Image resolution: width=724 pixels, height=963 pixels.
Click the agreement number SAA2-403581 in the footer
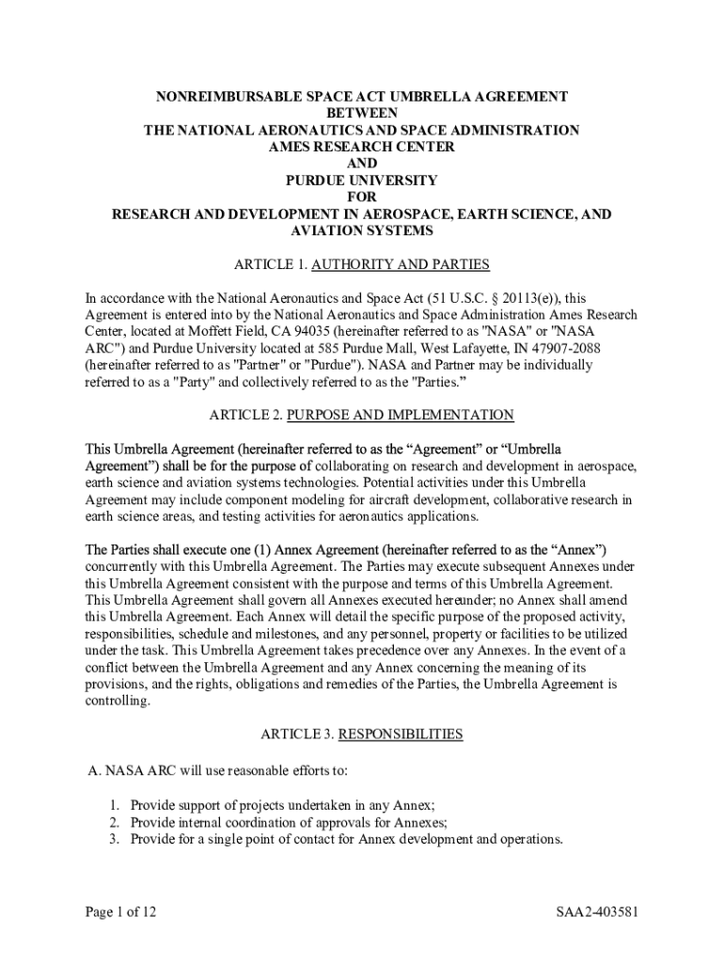pos(597,912)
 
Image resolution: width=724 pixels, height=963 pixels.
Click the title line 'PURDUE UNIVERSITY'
pos(362,180)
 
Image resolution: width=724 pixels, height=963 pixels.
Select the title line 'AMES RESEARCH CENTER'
pos(362,147)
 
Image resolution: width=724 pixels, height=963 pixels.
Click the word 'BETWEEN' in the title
pos(362,113)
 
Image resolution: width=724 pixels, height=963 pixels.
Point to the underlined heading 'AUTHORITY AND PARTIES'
pos(401,264)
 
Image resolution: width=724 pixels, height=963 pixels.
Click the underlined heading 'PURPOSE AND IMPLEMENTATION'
pos(401,415)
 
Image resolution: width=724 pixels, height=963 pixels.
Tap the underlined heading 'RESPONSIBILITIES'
pos(401,734)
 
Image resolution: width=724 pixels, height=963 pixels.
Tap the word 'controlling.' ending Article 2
pos(118,702)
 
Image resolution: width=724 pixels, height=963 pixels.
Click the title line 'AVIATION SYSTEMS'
pos(362,230)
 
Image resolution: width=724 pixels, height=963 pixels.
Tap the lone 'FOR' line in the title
pos(362,197)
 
